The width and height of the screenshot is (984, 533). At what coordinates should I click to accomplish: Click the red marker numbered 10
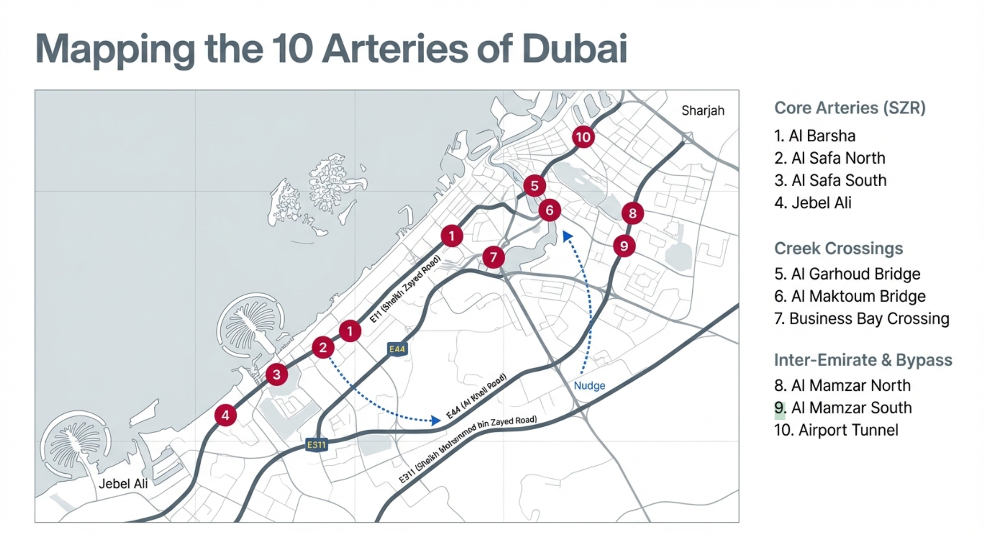point(583,137)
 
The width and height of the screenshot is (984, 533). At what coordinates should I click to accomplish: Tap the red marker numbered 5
point(535,186)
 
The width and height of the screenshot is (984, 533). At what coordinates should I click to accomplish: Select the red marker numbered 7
point(493,257)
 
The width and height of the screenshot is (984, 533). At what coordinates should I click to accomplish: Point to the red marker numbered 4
point(225,415)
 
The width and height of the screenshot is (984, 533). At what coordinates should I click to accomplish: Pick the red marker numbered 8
point(633,213)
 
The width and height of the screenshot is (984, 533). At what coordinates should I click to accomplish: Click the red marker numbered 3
point(276,375)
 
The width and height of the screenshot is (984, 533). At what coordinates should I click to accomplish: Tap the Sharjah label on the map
point(702,111)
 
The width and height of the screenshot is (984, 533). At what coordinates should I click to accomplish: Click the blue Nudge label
point(589,386)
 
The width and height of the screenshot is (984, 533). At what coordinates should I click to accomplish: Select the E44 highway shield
point(397,349)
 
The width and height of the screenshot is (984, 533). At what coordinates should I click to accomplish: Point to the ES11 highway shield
point(317,445)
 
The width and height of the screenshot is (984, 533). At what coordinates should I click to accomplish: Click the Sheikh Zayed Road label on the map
point(405,290)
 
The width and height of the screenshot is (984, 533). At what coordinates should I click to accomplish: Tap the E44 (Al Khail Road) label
point(476,396)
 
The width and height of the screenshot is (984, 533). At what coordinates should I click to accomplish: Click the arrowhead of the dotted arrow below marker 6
point(567,236)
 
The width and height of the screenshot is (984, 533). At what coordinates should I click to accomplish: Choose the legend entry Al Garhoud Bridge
point(847,274)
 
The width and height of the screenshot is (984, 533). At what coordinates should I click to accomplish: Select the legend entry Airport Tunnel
point(836,430)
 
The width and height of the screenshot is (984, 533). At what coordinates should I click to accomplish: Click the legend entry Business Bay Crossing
point(861,319)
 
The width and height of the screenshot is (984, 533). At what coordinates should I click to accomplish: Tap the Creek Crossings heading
point(838,248)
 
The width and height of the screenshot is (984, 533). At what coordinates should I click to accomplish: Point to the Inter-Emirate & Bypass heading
point(863,360)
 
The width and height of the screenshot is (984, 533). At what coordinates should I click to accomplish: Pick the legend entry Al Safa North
point(830,158)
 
